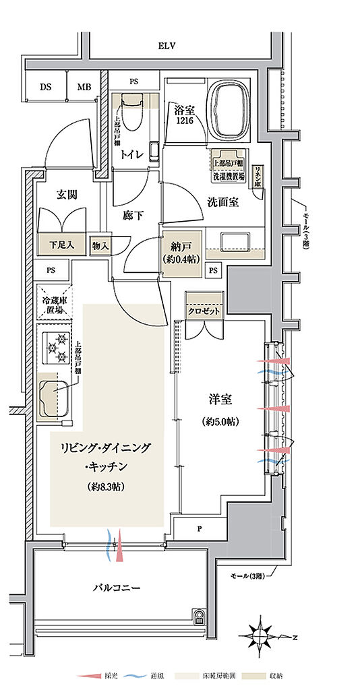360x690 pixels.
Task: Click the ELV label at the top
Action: coord(167,46)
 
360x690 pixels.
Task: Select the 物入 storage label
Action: coord(100,245)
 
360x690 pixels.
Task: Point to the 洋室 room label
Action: coord(220,399)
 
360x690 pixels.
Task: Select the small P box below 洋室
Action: coord(200,528)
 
